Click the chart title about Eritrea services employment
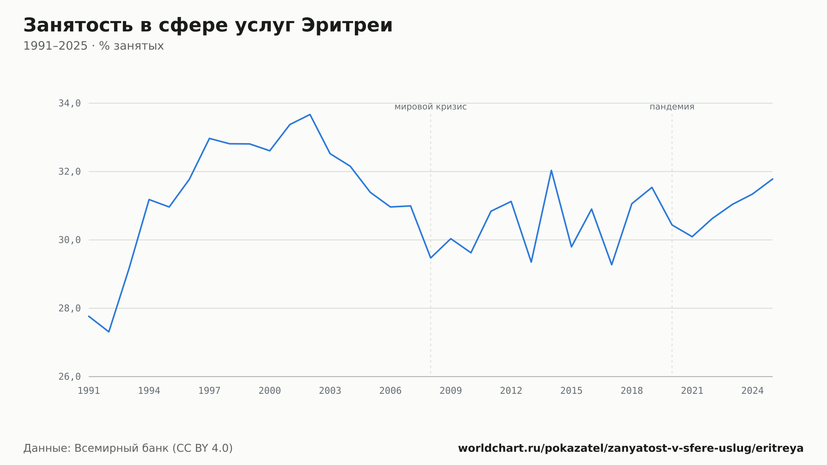pyautogui.click(x=208, y=26)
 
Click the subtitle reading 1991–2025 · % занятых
pyautogui.click(x=93, y=46)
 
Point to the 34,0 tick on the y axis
pyautogui.click(x=69, y=103)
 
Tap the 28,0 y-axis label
pyautogui.click(x=69, y=308)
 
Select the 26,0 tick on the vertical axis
pyautogui.click(x=69, y=376)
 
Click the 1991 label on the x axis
pyautogui.click(x=89, y=391)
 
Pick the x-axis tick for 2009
pyautogui.click(x=451, y=391)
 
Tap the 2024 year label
pyautogui.click(x=753, y=391)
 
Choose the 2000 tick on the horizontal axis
pyautogui.click(x=270, y=391)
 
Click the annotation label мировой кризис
pyautogui.click(x=430, y=107)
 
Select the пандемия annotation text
pyautogui.click(x=672, y=107)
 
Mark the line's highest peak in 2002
pyautogui.click(x=310, y=115)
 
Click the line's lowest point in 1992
pyautogui.click(x=109, y=332)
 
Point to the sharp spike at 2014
pyautogui.click(x=551, y=170)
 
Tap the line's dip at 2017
pyautogui.click(x=612, y=265)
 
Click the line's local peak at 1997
pyautogui.click(x=210, y=138)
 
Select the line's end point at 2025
pyautogui.click(x=772, y=179)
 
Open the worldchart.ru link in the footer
pyautogui.click(x=631, y=448)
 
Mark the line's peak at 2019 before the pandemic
pyautogui.click(x=652, y=187)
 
